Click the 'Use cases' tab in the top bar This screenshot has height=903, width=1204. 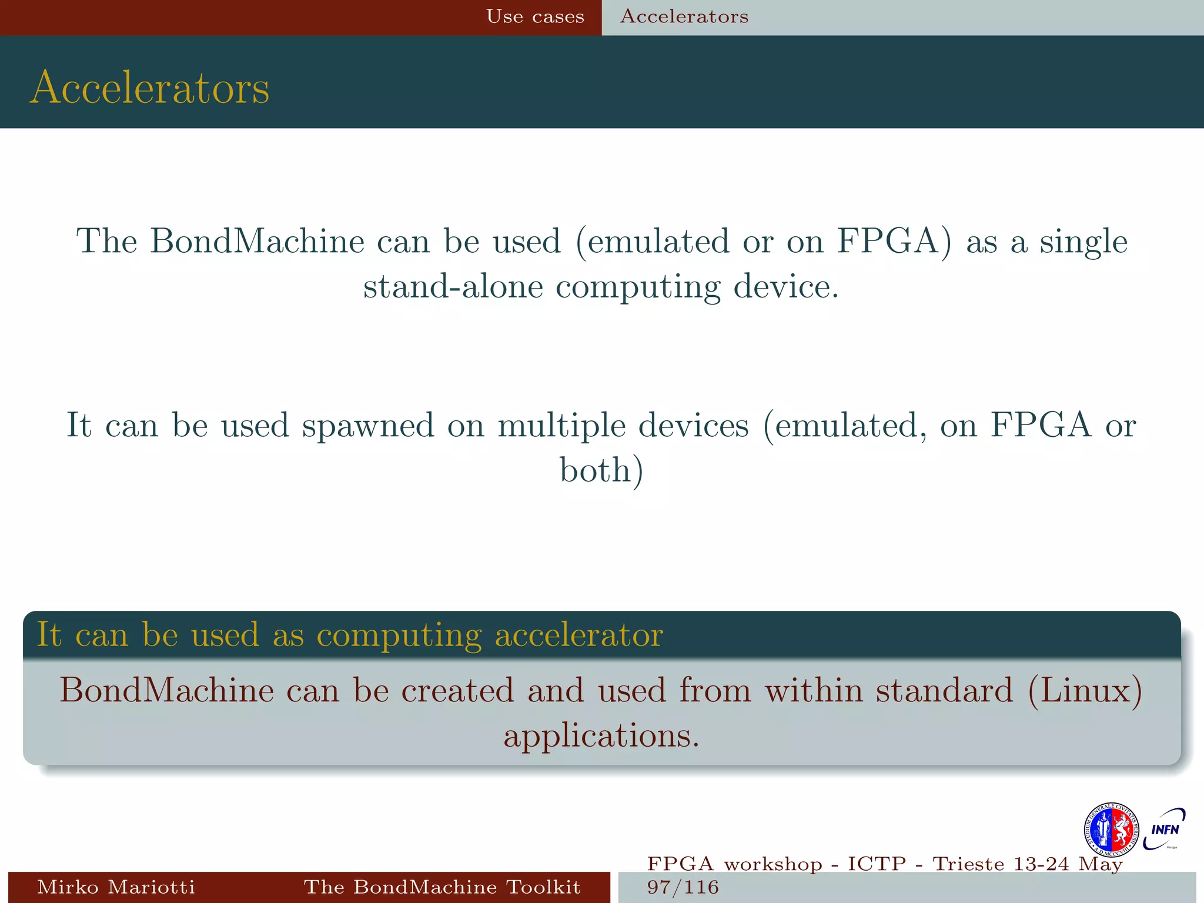pyautogui.click(x=535, y=16)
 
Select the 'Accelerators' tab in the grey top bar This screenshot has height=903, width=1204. pyautogui.click(x=684, y=16)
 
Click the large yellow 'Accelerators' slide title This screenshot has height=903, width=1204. pyautogui.click(x=150, y=88)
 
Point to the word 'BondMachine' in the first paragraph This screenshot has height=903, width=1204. pyautogui.click(x=257, y=241)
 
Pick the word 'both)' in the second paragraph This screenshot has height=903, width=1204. pyautogui.click(x=601, y=470)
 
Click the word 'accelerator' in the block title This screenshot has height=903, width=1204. pyautogui.click(x=579, y=635)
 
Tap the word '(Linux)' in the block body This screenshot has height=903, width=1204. pyautogui.click(x=1085, y=690)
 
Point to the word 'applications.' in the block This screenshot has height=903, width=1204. pyautogui.click(x=601, y=735)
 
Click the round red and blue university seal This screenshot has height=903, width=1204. pyautogui.click(x=1111, y=830)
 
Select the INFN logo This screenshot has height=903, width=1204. pyautogui.click(x=1165, y=829)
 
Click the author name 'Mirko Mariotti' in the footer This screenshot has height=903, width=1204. pyautogui.click(x=116, y=887)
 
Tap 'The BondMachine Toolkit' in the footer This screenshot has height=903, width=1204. pyautogui.click(x=442, y=887)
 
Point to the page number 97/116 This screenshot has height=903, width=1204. pyautogui.click(x=683, y=887)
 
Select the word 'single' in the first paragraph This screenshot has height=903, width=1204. pyautogui.click(x=1083, y=241)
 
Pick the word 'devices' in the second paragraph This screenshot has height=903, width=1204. pyautogui.click(x=694, y=425)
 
